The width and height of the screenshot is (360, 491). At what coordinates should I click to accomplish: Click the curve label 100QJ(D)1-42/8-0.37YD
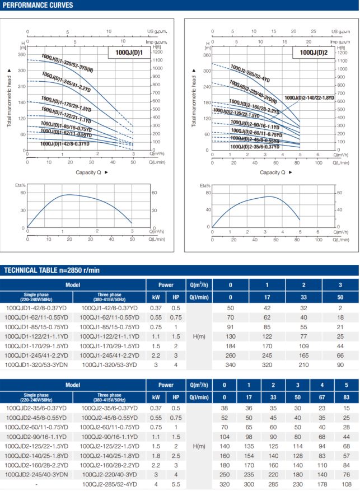click(64, 144)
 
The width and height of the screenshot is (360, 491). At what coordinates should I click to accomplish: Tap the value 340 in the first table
click(230, 364)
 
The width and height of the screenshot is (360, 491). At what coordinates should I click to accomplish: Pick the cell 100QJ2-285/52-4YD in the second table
click(110, 484)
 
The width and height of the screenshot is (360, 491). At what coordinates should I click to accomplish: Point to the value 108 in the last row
click(347, 484)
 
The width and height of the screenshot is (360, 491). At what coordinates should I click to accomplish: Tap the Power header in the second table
click(166, 385)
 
